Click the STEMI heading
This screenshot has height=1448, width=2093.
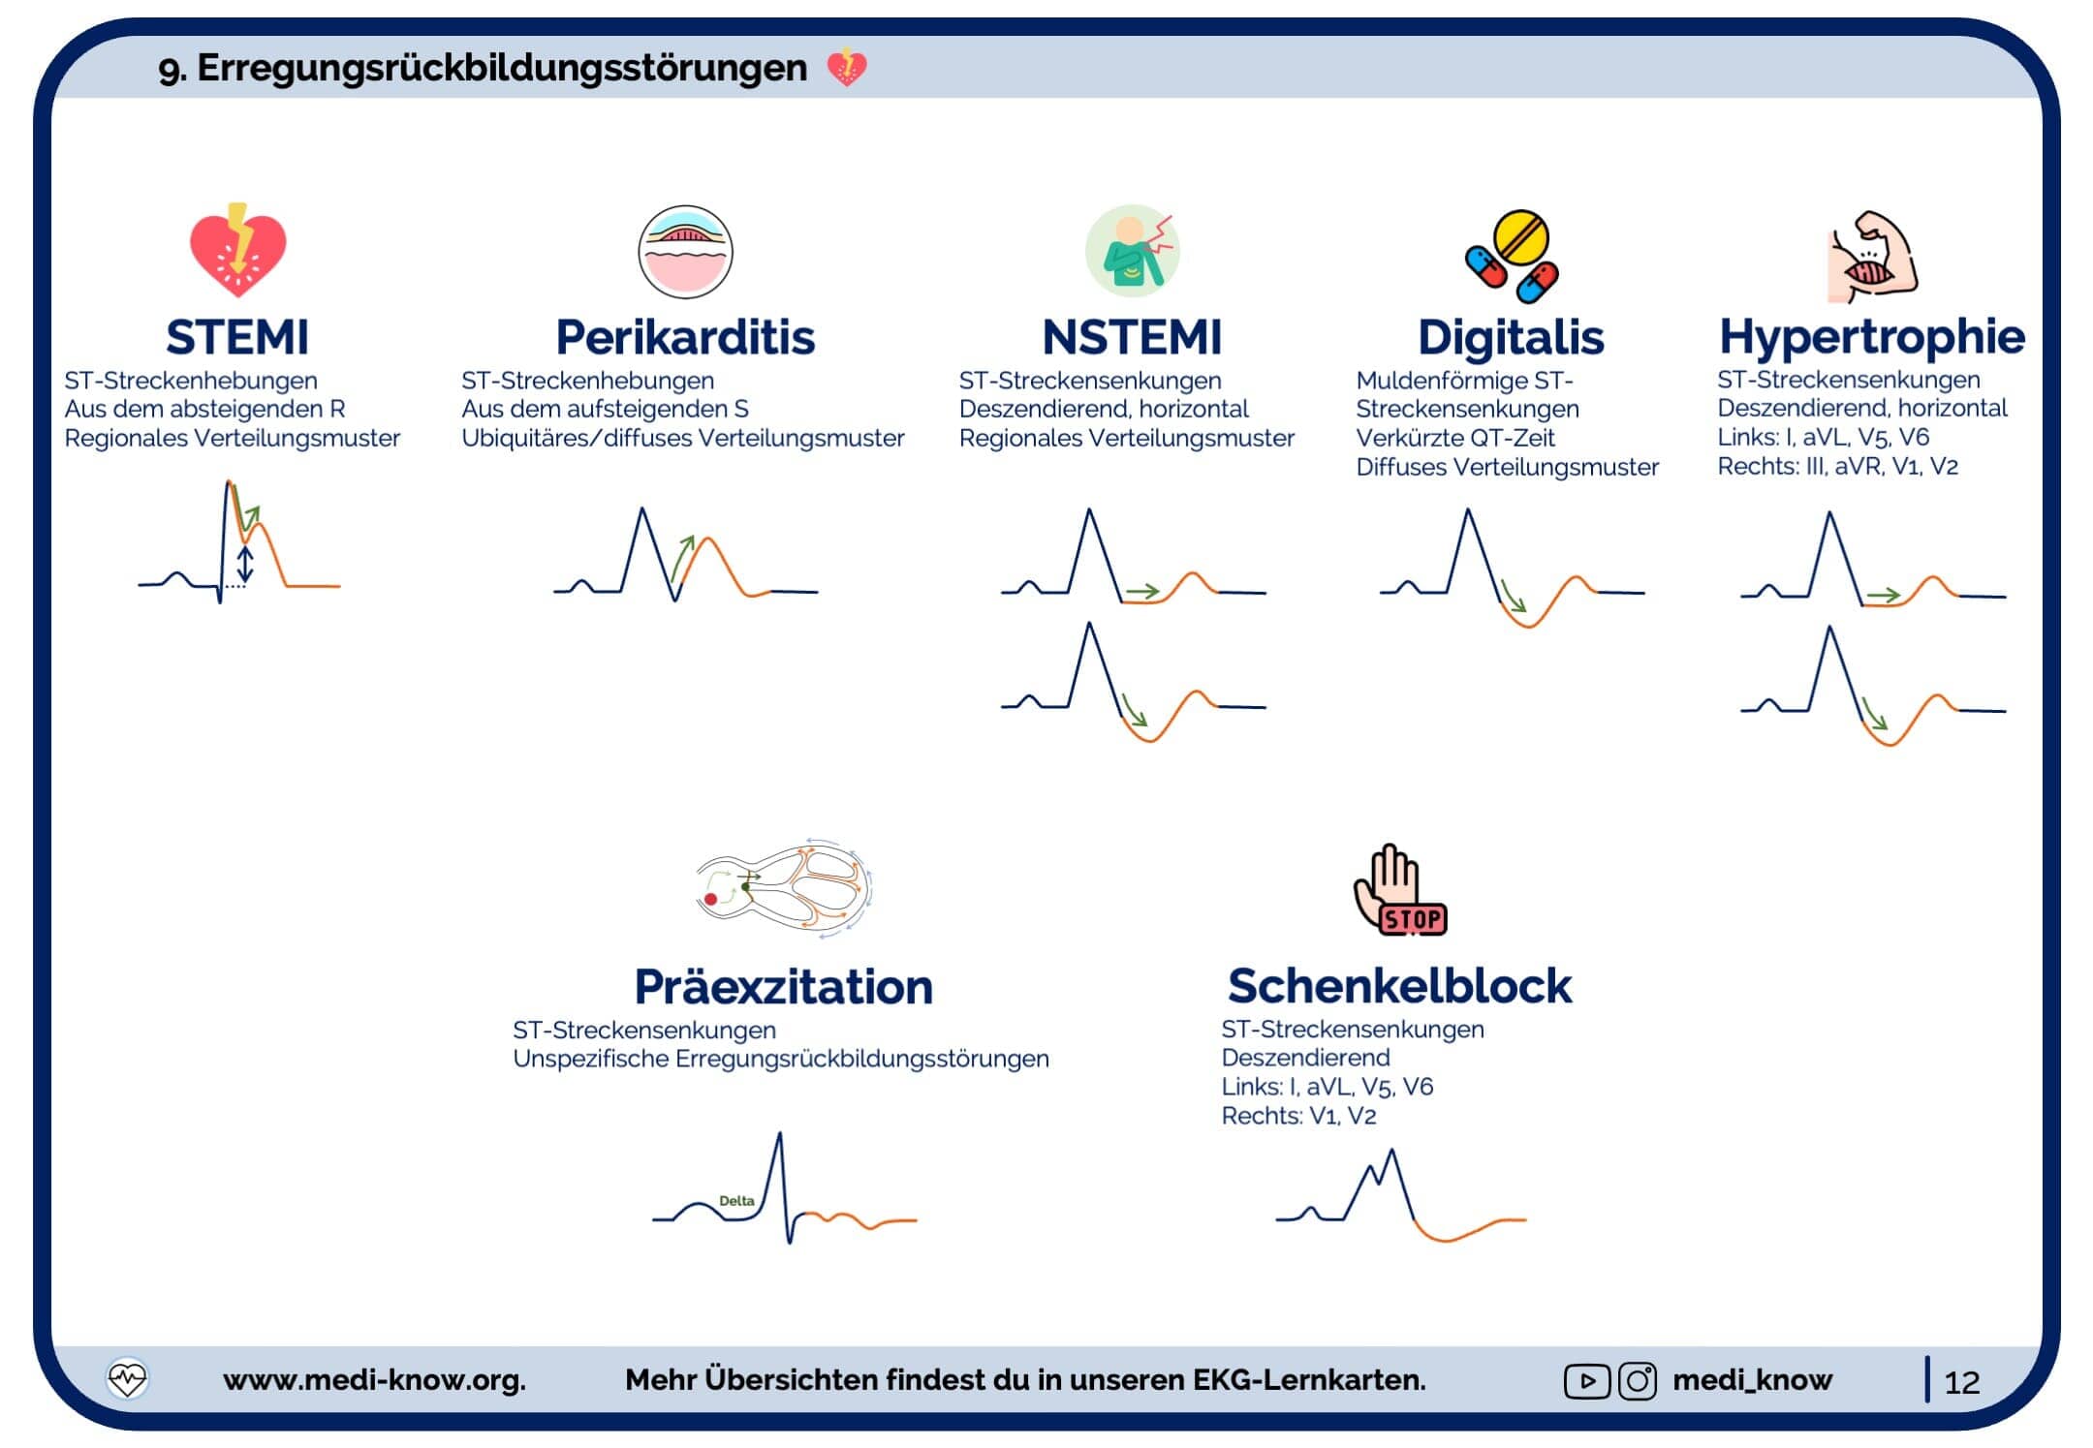point(237,338)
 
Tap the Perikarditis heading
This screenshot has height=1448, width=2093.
point(685,338)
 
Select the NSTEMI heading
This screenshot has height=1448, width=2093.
point(1132,338)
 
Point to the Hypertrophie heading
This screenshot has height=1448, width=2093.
point(1872,338)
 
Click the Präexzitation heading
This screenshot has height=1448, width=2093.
point(784,987)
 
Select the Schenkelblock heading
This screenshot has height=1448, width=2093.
point(1400,986)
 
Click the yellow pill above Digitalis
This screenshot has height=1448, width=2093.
point(1521,238)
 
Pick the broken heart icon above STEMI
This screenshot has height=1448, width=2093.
point(237,250)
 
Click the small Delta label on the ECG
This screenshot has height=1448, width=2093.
point(736,1201)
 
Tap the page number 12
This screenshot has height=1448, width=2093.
point(1962,1382)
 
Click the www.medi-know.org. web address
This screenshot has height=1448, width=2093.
point(374,1379)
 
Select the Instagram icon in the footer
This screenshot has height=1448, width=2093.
point(1638,1380)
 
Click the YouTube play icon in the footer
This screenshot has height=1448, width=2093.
point(1587,1381)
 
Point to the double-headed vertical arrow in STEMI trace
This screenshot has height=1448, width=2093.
point(245,564)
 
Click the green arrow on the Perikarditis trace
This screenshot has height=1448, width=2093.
point(683,556)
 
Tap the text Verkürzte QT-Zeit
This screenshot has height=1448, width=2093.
point(1455,438)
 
